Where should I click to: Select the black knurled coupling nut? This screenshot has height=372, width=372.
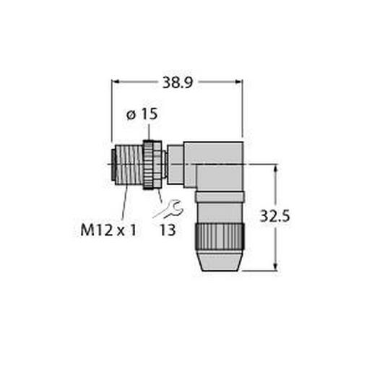click(x=152, y=165)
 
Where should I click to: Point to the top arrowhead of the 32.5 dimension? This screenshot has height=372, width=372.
click(x=277, y=168)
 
